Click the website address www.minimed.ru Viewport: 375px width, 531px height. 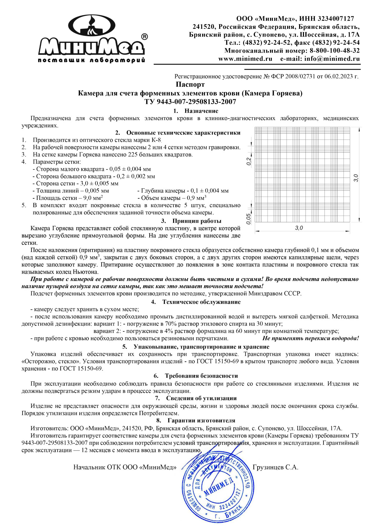click(x=245, y=59)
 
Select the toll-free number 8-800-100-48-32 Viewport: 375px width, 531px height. click(x=335, y=51)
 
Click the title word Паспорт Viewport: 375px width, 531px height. click(x=190, y=84)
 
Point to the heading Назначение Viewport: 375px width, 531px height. click(x=201, y=111)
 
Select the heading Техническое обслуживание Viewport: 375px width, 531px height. click(x=201, y=302)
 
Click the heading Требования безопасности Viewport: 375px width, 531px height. click(x=201, y=376)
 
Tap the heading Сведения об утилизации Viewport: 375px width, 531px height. click(x=201, y=398)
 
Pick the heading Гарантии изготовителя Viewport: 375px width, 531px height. click(x=201, y=421)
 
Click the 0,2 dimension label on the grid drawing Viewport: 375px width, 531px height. click(x=249, y=161)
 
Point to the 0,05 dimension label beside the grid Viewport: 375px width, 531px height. click(x=249, y=219)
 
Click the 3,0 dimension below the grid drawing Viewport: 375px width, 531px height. click(x=299, y=228)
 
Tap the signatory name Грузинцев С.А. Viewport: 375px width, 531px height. click(x=275, y=467)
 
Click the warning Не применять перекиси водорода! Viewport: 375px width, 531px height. click(x=311, y=338)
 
